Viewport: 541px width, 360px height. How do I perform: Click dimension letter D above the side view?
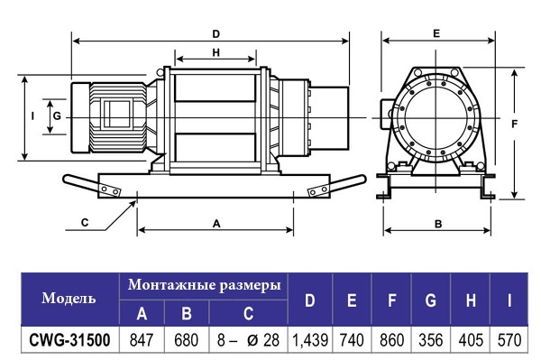216,34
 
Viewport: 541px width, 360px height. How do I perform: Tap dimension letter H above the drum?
216,52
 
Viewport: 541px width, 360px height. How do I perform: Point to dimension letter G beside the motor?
58,116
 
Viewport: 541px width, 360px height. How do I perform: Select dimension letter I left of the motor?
32,116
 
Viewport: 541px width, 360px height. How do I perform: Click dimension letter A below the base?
216,224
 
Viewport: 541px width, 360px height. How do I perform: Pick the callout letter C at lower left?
85,223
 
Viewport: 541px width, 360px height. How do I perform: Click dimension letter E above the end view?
436,33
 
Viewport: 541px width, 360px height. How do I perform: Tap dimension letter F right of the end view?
515,124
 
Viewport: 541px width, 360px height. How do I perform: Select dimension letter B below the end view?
438,225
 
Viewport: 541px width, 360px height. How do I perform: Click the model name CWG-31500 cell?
70,340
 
